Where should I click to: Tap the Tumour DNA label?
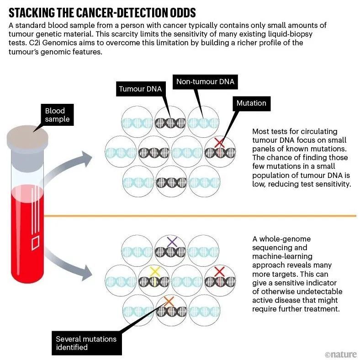coord(140,89)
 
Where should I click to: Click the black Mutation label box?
coord(251,103)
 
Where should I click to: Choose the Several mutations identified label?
coord(86,343)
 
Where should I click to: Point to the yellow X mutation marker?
coord(155,272)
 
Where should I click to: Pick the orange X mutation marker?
coord(169,301)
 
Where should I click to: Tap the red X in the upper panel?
coord(220,143)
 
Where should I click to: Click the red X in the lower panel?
coord(219,272)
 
